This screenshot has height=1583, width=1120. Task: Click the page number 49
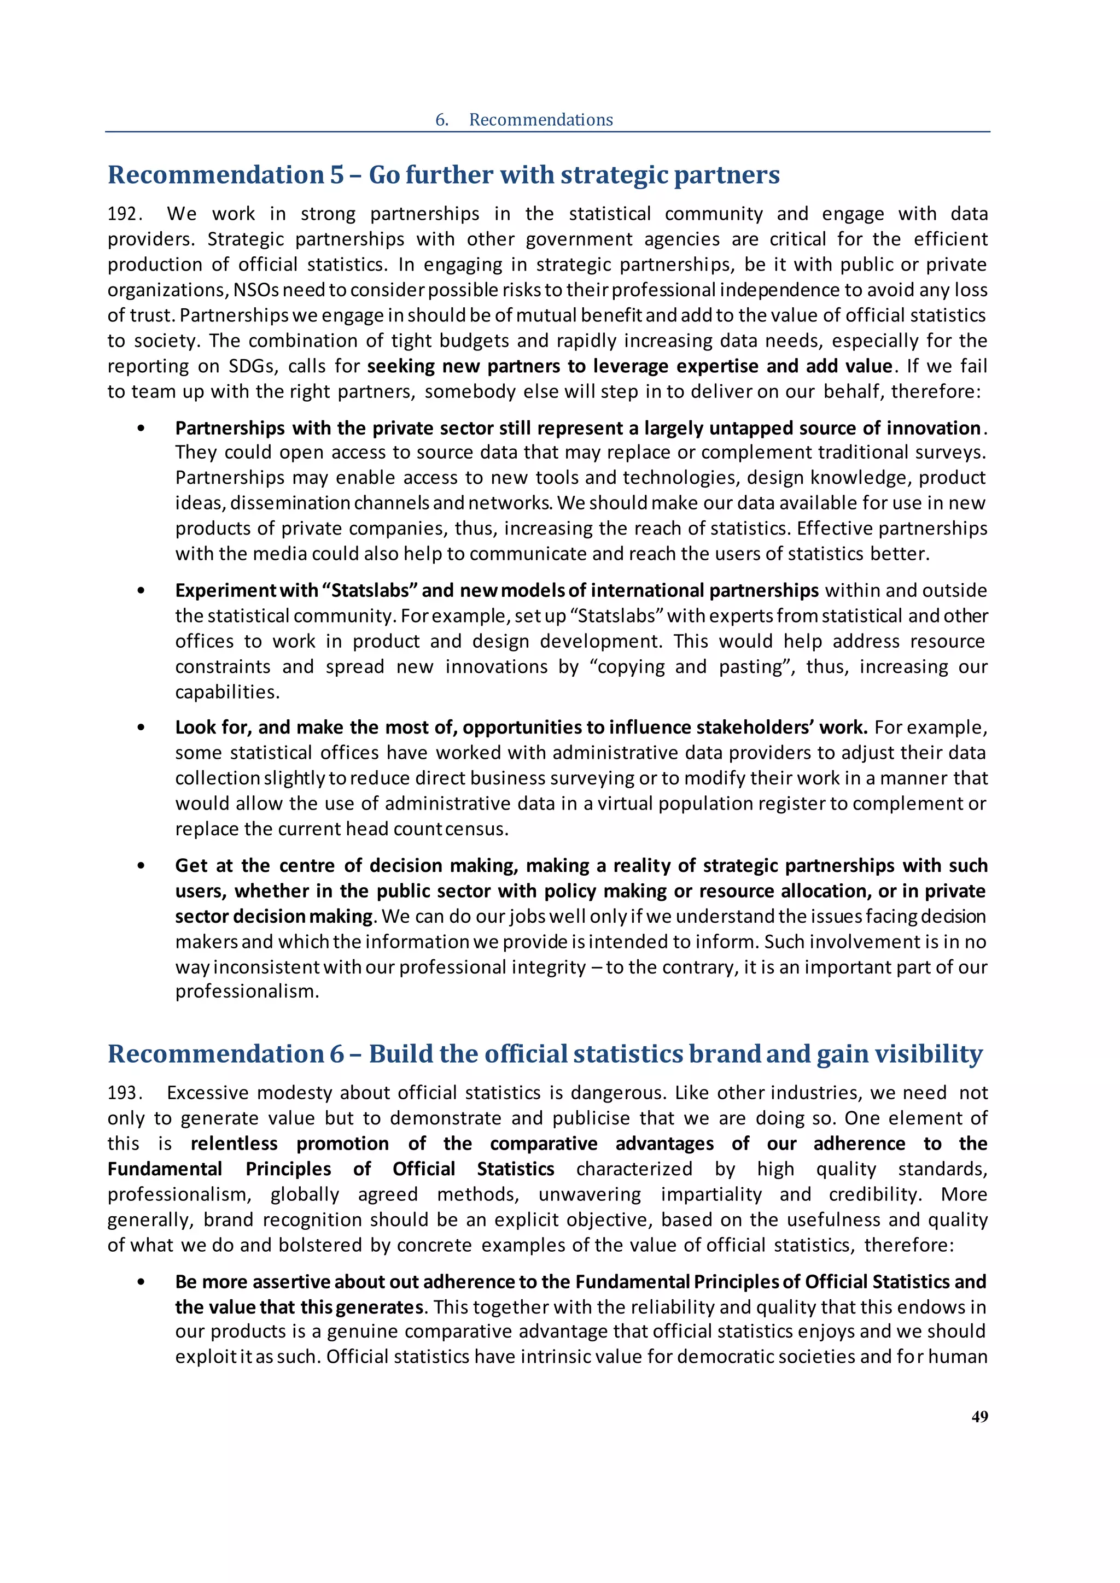979,1416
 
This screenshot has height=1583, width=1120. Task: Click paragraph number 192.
124,214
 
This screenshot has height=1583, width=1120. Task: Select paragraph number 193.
124,1093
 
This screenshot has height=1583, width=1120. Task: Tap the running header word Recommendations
541,120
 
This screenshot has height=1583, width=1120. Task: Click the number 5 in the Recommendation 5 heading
336,174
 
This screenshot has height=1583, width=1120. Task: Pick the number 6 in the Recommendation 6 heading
336,1054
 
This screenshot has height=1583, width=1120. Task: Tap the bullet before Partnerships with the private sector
142,429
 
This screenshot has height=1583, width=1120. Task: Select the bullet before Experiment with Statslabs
142,591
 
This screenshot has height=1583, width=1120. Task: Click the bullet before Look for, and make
142,728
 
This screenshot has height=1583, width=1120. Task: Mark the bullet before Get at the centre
142,866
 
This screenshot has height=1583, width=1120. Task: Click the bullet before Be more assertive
142,1282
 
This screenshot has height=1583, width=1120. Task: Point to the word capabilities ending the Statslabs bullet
227,692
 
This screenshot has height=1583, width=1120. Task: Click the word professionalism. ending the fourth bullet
247,992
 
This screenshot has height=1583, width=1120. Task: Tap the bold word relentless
234,1144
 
